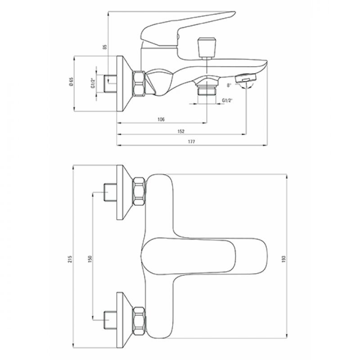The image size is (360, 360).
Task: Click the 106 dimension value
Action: coord(161,119)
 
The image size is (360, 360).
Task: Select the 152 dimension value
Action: coord(181,131)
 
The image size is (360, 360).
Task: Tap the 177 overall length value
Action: coord(191,142)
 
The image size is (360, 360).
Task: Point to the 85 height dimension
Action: coord(105,47)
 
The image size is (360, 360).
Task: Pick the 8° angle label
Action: coord(229,85)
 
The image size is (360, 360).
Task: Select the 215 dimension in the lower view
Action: coord(70,259)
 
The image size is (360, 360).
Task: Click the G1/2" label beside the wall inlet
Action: coord(93,83)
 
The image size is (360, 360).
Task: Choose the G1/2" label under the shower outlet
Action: coord(227,100)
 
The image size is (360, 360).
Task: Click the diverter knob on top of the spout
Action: coord(207,48)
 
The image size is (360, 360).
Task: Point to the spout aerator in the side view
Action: coord(246,78)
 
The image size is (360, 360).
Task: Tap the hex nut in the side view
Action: coord(139,83)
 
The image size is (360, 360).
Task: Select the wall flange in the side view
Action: coord(124,84)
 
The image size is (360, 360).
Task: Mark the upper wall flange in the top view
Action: coord(124,193)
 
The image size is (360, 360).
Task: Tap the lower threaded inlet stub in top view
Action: coord(110,319)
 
